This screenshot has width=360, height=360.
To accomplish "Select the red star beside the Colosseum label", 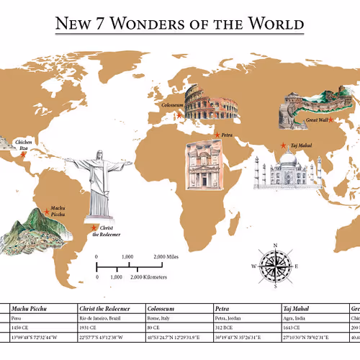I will coord(179,114).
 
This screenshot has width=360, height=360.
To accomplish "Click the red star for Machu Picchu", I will coord(47,211).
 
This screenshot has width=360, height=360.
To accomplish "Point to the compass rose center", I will coord(275,266).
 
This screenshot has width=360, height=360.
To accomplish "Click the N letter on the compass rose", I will coord(275,246).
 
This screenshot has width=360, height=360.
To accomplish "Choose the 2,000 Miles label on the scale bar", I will coord(166,257).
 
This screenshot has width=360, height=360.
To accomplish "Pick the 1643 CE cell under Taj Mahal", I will coord(292,328).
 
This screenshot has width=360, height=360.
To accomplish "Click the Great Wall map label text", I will coord(318,120).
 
